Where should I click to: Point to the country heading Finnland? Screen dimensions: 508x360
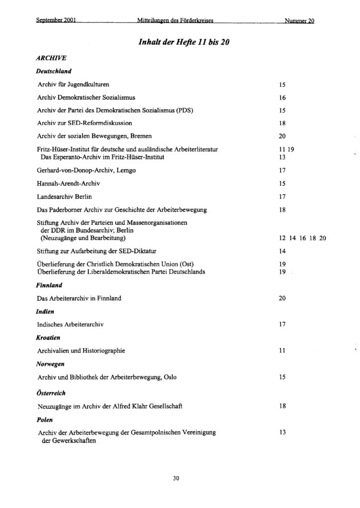[x=49, y=286]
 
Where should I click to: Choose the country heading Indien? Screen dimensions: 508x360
[x=45, y=312]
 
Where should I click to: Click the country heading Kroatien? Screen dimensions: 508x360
[x=49, y=338]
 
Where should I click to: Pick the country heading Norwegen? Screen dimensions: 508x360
[x=50, y=364]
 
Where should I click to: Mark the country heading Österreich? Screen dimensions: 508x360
[x=52, y=393]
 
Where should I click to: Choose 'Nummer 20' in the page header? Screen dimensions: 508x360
[x=300, y=21]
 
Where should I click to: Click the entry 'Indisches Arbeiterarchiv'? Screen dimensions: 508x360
[x=71, y=325]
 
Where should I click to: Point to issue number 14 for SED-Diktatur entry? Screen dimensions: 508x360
[x=283, y=252]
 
